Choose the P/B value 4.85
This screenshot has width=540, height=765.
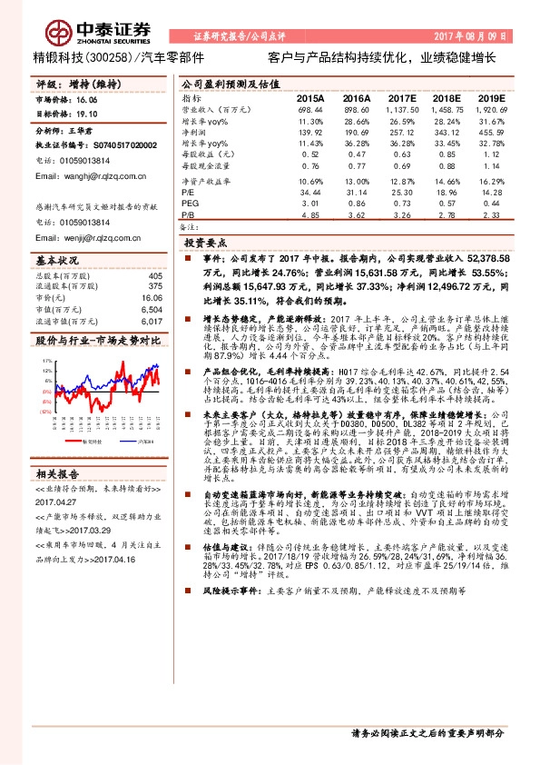(310, 215)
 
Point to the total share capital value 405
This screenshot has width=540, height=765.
(154, 276)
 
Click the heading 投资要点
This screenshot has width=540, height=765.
(206, 243)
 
